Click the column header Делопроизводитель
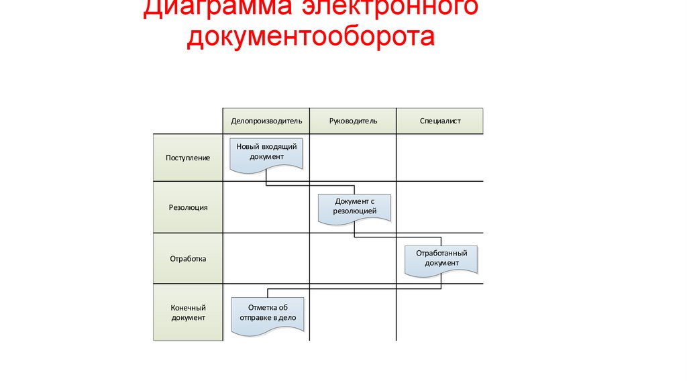266,121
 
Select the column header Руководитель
353,121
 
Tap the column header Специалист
440,121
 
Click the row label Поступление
188,158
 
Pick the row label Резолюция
188,208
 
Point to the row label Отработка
188,258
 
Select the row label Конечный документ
188,313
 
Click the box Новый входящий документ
266,152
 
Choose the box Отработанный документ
441,258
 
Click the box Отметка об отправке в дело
266,313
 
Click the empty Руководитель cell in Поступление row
353,158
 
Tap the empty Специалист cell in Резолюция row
440,208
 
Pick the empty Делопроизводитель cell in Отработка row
266,258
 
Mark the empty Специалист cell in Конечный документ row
440,313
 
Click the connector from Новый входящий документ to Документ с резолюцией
309,185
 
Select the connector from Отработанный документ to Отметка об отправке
356,289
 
